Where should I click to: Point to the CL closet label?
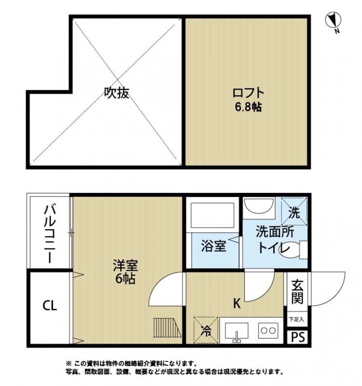[49, 305]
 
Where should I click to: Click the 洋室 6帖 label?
[125, 271]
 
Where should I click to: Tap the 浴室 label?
[213, 246]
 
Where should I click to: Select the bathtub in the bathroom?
[213, 216]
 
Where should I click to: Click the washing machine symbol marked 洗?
[294, 211]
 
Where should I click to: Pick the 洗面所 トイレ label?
[274, 240]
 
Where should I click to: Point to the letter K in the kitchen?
[237, 303]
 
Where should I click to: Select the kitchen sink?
[237, 331]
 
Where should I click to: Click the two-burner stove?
[268, 331]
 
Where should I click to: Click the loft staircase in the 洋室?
[166, 328]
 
